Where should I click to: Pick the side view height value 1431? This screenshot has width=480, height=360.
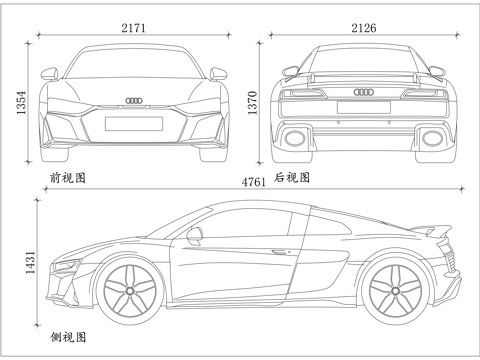(x=31, y=263)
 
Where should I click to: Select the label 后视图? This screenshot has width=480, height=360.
(x=292, y=178)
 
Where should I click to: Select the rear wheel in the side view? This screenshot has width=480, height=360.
(x=393, y=288)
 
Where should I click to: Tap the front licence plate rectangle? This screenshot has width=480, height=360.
(x=133, y=124)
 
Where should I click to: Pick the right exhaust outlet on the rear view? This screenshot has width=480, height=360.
(x=431, y=135)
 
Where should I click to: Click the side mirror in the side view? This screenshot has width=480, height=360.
(x=192, y=235)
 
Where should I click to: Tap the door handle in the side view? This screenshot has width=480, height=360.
(x=279, y=251)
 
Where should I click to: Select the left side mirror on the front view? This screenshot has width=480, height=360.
(x=47, y=71)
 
